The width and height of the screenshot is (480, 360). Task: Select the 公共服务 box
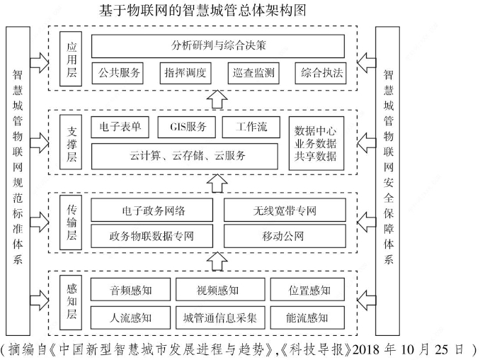117,73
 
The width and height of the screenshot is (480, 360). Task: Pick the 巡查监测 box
252,73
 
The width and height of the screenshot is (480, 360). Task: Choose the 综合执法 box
321,73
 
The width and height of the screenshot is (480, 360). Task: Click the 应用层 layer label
70,60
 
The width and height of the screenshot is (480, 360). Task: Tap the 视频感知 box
217,290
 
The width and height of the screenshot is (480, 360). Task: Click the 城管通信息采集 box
217,316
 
